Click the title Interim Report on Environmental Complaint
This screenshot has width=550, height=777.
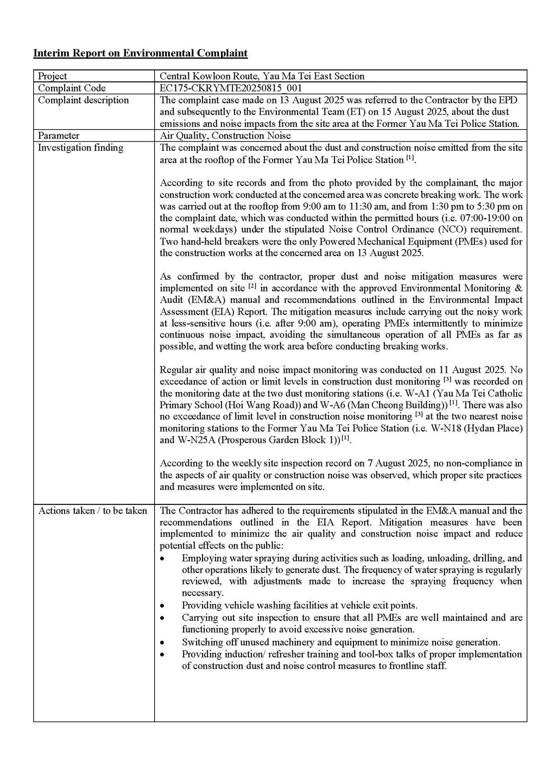tap(140, 53)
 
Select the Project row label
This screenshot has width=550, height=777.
tap(52, 76)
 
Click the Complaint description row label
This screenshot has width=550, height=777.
tap(83, 100)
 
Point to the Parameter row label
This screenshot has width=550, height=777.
tap(58, 136)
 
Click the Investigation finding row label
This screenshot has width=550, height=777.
tap(80, 148)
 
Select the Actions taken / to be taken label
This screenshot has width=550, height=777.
tap(92, 511)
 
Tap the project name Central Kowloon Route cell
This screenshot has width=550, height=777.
tap(262, 76)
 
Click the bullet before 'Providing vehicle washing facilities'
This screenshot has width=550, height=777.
tap(162, 606)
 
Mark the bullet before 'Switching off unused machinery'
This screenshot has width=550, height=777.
tap(162, 642)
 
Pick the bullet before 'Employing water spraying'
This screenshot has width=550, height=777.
tap(162, 558)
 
